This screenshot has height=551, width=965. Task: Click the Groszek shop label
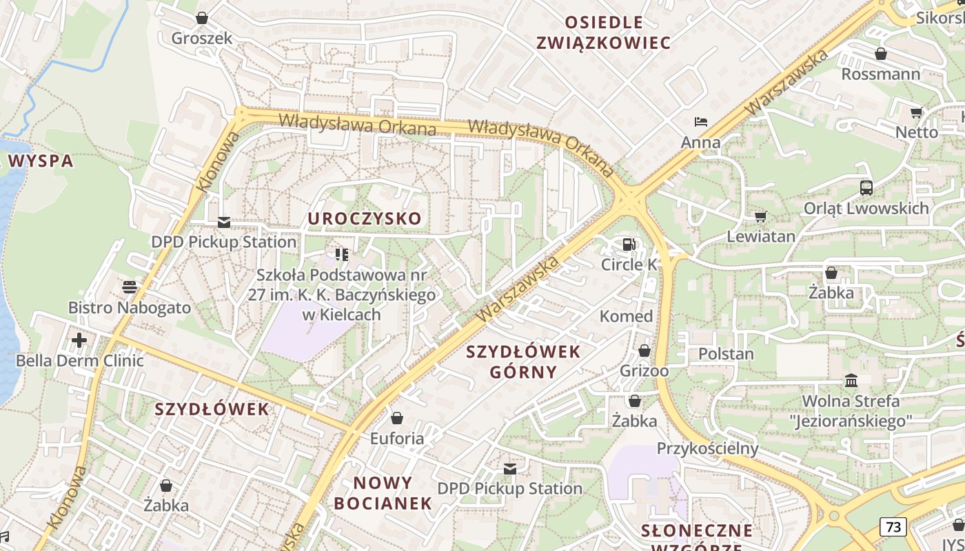[x=202, y=38]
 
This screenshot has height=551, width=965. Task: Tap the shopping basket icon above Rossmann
[x=880, y=54]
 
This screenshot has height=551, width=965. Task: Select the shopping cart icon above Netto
[x=916, y=112]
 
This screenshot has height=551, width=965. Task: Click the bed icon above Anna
[x=700, y=123]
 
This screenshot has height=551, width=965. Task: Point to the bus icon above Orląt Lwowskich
[x=866, y=187]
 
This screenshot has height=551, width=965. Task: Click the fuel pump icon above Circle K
[x=629, y=244]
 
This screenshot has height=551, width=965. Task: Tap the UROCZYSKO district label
[x=365, y=219]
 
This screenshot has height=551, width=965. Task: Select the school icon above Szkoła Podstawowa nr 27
[x=342, y=255]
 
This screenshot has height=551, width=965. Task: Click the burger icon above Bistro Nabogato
[x=130, y=287]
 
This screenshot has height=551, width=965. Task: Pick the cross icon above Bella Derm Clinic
[x=79, y=340]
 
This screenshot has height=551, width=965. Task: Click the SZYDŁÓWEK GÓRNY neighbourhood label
[x=523, y=362]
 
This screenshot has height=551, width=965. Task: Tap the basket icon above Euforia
[x=396, y=418]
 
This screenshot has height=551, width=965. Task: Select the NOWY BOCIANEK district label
[x=383, y=492]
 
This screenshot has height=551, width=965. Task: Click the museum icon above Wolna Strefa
[x=851, y=381]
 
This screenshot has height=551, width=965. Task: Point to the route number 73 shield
[x=893, y=528]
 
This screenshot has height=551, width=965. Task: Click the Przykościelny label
[x=707, y=448]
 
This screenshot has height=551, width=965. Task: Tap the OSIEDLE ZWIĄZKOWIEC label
[x=603, y=32]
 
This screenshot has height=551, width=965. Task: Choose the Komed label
[x=626, y=316]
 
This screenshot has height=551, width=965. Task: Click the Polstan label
[x=726, y=354]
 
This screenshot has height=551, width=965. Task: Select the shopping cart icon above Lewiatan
[x=760, y=217]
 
